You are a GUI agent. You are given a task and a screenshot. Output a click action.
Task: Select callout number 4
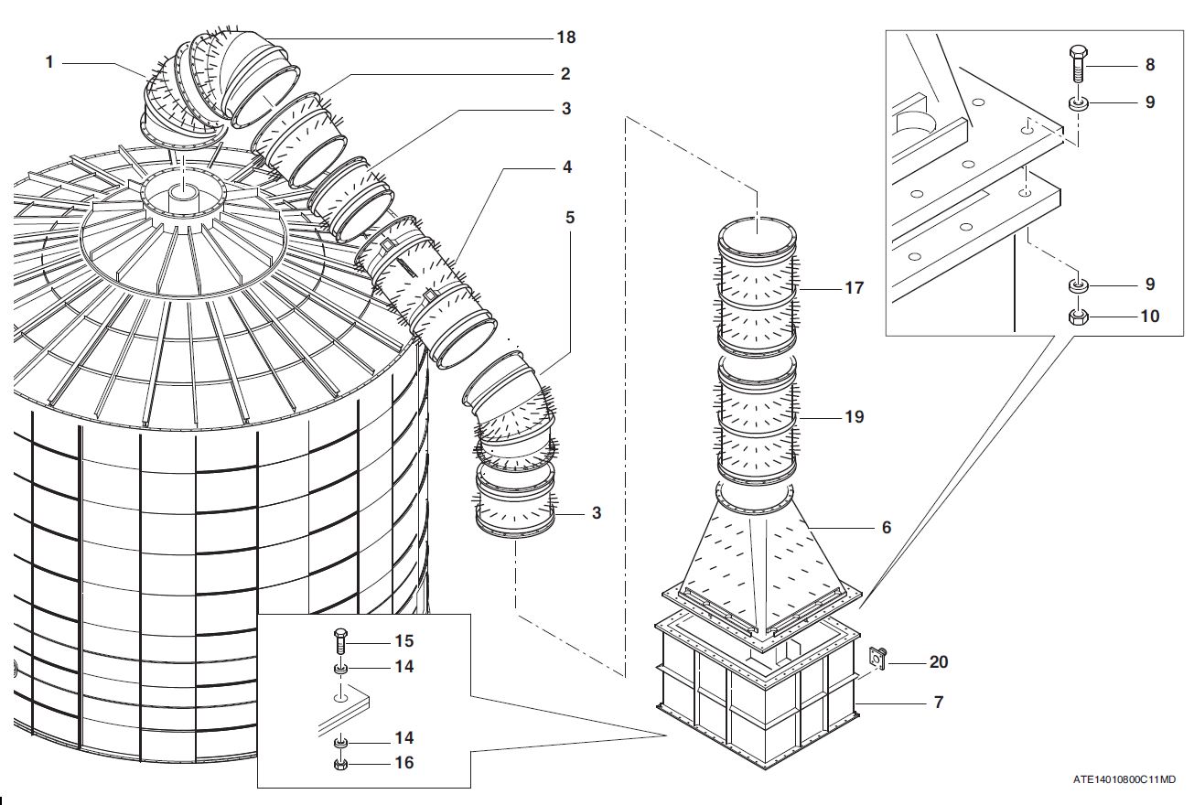click(567, 167)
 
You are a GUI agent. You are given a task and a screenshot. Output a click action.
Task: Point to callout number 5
click(570, 218)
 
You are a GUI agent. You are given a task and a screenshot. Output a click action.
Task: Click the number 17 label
click(854, 288)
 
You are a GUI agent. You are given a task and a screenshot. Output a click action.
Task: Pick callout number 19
click(854, 417)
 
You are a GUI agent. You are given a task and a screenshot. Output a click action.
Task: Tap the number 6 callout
click(886, 528)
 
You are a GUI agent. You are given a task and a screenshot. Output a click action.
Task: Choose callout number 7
click(939, 703)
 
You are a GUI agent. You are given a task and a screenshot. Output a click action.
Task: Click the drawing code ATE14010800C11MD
click(1124, 779)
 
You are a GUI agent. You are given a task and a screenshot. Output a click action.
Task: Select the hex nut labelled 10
click(1078, 317)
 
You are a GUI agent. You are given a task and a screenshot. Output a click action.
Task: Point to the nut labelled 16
click(340, 763)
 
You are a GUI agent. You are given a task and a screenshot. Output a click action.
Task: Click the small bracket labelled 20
click(876, 658)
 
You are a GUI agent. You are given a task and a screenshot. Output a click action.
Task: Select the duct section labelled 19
click(757, 416)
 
